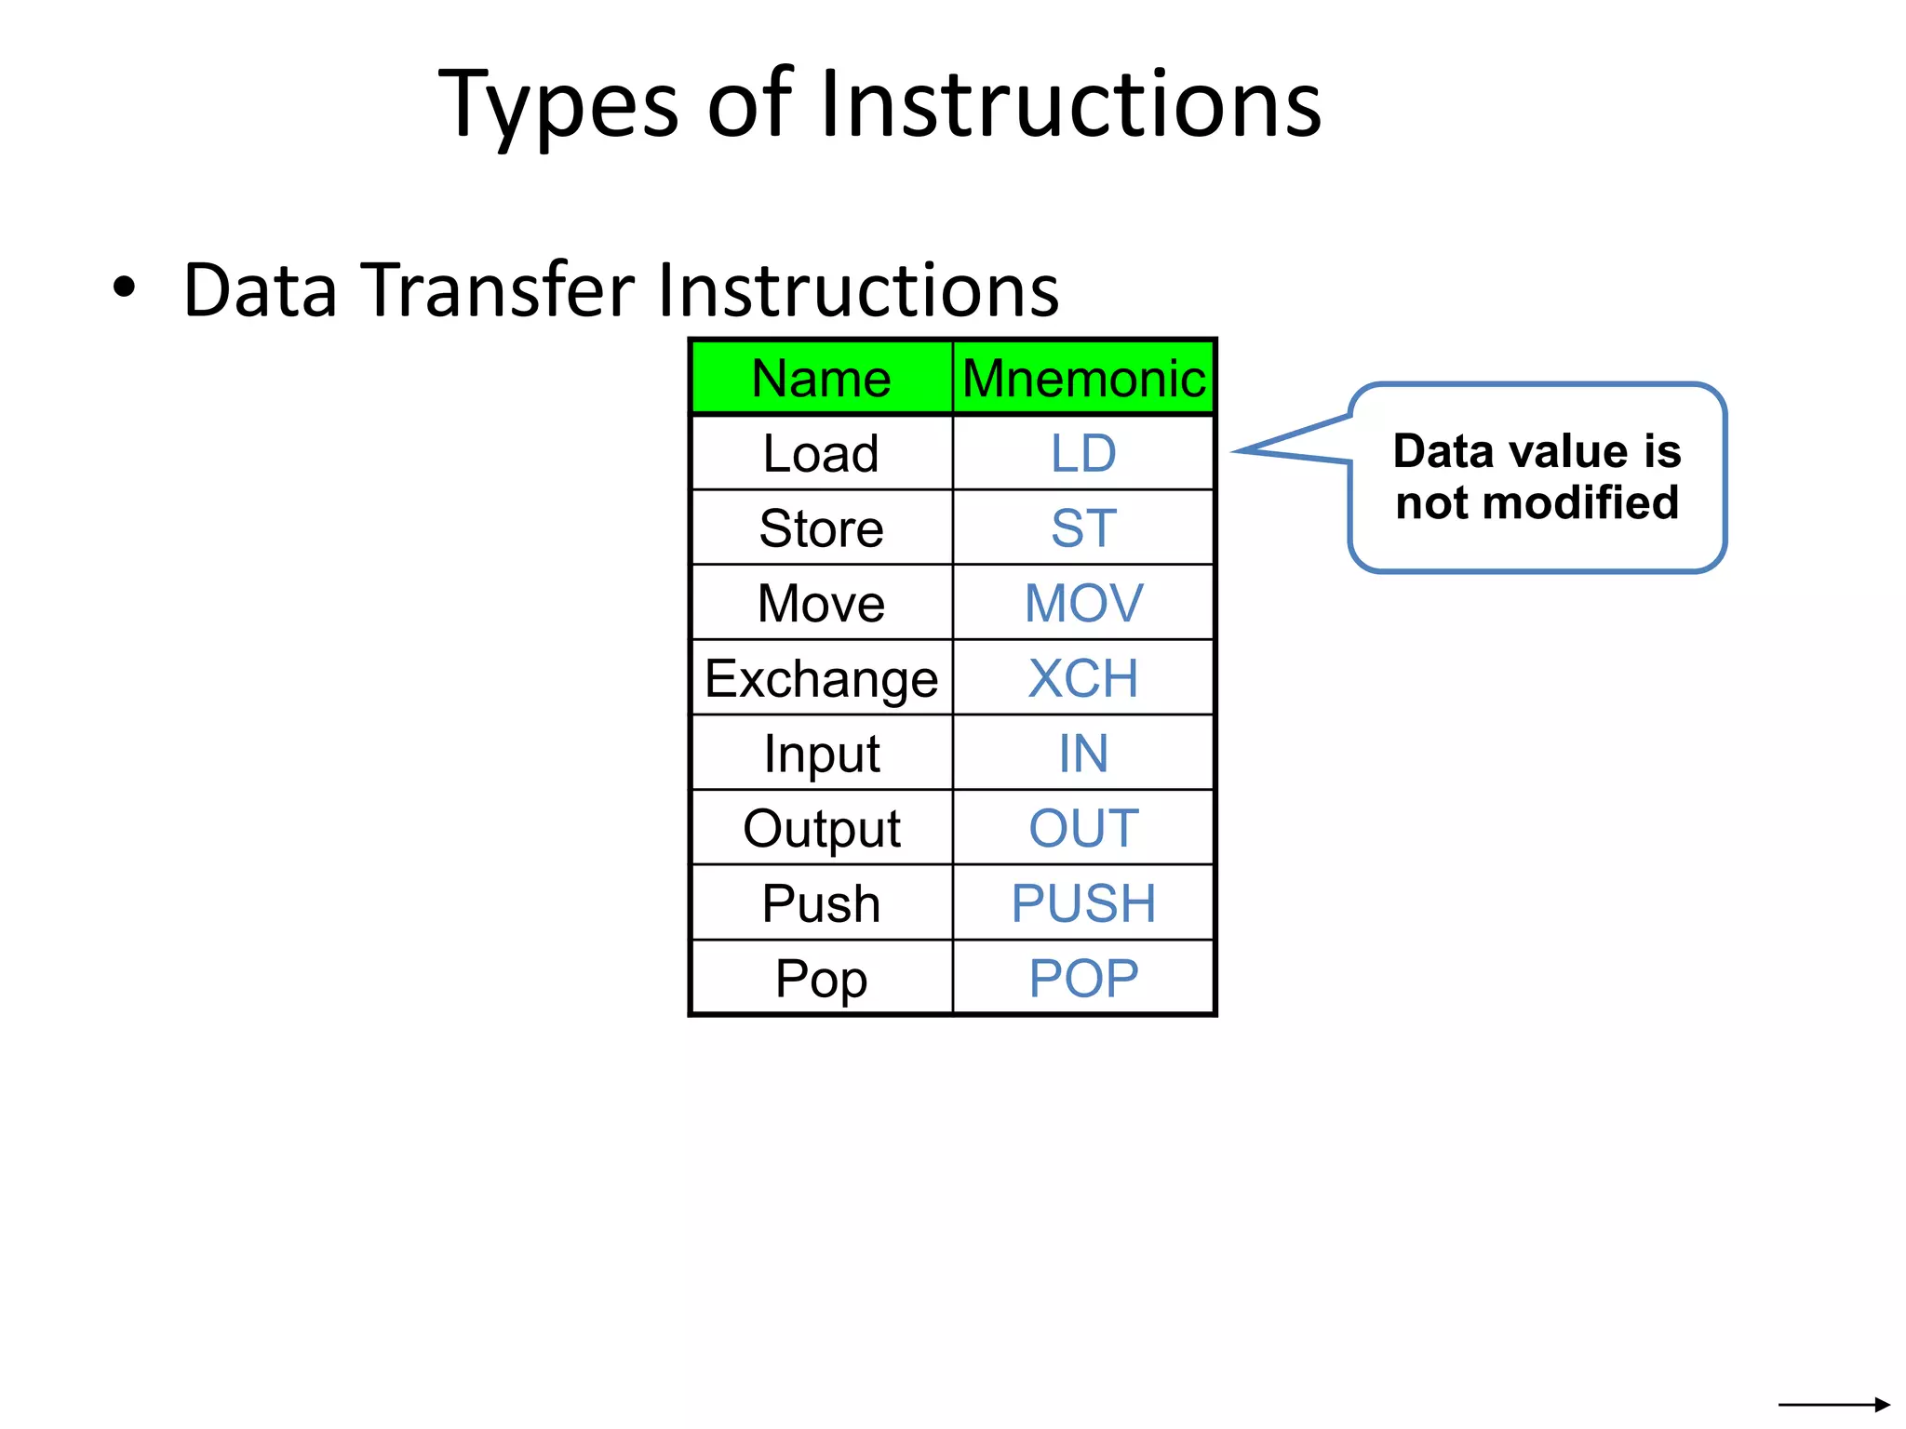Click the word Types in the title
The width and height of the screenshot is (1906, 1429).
558,104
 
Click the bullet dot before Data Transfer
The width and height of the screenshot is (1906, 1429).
124,287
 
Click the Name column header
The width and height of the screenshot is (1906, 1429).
821,379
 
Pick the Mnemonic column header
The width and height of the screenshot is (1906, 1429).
1083,379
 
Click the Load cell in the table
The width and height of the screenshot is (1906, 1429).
821,454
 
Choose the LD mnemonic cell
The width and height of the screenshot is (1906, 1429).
1083,454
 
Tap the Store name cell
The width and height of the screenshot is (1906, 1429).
821,528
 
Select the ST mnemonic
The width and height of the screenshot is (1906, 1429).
1083,528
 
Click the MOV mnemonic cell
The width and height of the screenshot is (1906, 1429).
1083,604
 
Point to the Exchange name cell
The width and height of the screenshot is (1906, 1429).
821,678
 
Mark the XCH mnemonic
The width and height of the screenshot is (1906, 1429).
1083,678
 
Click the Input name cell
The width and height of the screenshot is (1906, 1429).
821,754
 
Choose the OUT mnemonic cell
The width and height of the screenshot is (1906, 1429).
1083,828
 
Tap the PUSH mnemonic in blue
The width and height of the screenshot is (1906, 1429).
1083,903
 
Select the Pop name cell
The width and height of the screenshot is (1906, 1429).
821,979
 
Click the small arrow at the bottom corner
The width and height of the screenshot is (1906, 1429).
1834,1404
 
